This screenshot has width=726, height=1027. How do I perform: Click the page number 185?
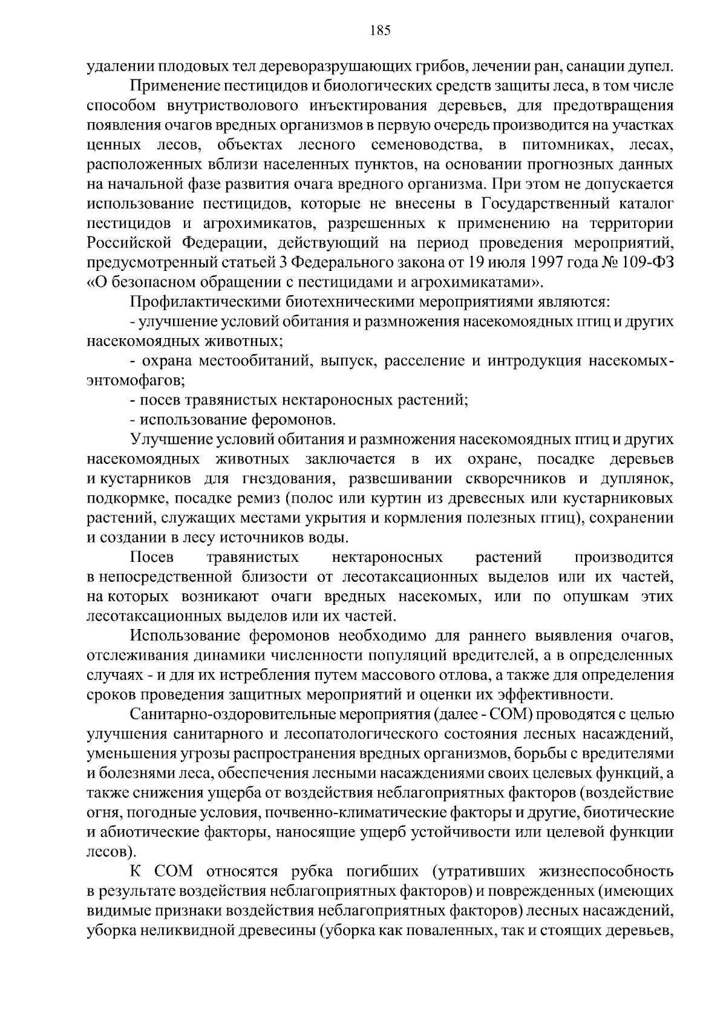[381, 30]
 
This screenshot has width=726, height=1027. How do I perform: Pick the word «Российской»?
[128, 243]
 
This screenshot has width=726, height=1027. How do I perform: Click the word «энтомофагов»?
[134, 380]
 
